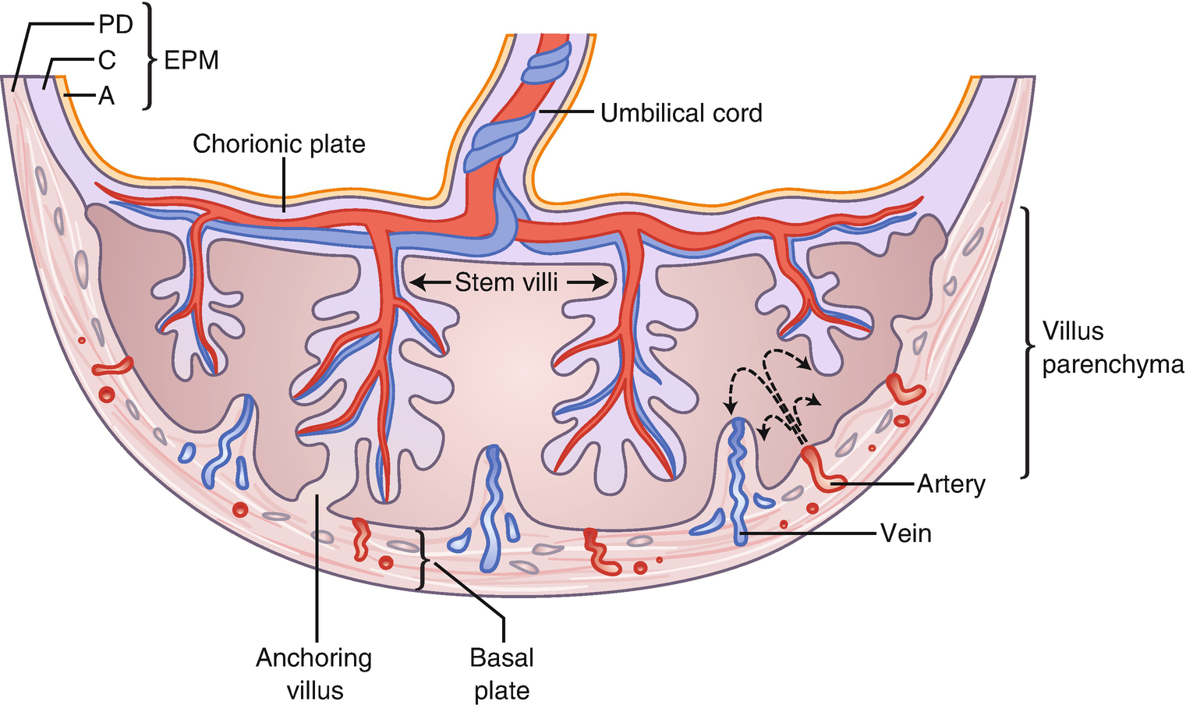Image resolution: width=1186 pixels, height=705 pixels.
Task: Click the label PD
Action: pos(115,25)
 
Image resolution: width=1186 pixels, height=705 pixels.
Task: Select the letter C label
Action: pos(107,60)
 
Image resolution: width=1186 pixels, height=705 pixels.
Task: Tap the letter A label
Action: pos(106,96)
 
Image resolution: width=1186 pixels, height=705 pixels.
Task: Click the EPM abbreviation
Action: pos(191,60)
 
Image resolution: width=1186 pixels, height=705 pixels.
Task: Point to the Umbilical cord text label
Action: pos(681,113)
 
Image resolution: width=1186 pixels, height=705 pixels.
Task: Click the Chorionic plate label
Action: pos(278,143)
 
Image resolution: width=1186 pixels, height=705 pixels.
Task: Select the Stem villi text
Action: pos(506,282)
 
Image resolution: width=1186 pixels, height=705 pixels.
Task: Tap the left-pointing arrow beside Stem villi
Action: pos(428,282)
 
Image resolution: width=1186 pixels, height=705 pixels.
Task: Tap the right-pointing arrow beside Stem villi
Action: pos(587,282)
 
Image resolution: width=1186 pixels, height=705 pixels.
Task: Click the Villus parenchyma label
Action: pos(1111,348)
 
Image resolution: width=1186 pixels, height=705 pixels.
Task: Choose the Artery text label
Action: pos(951,484)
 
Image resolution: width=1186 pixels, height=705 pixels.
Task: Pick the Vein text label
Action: pos(905,533)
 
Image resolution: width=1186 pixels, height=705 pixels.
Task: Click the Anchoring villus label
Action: pos(314,674)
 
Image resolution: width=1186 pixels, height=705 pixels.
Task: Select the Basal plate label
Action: pos(501,674)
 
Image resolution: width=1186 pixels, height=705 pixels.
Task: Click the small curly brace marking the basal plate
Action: pos(423,560)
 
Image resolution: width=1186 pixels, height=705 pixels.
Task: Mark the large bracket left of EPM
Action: pos(149,56)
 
